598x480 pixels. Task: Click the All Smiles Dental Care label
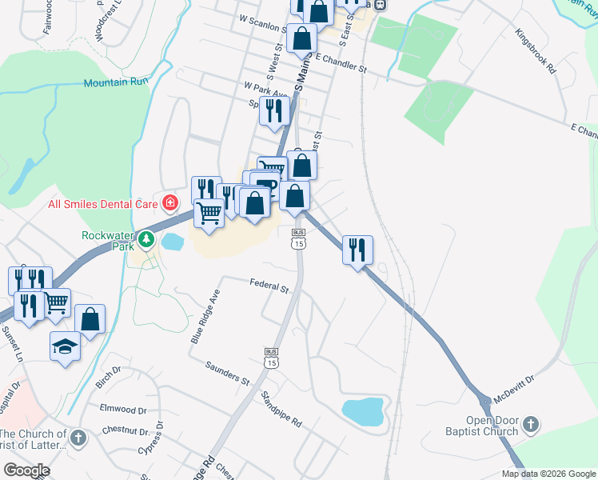click(x=102, y=204)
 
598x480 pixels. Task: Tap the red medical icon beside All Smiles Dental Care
click(x=169, y=203)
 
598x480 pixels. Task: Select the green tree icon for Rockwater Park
click(x=146, y=238)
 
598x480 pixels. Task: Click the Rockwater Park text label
click(x=110, y=242)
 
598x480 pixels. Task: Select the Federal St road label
click(x=269, y=285)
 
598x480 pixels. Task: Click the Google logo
click(x=26, y=470)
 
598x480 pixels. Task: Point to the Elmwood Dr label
click(x=123, y=409)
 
